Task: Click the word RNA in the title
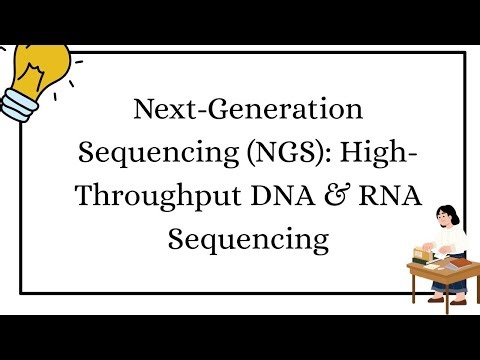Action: tap(395, 197)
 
